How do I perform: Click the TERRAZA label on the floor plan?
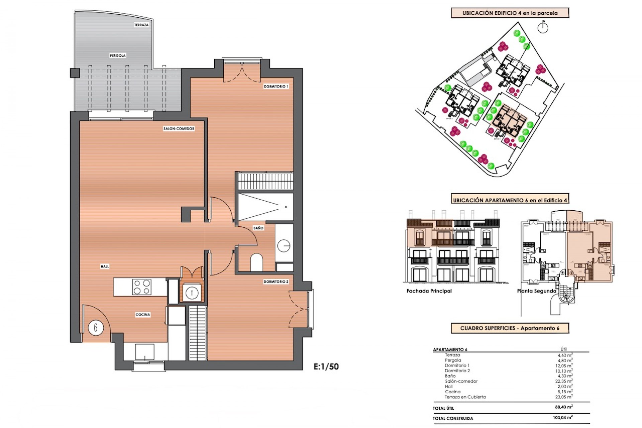click(x=141, y=25)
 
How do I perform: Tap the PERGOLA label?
click(x=118, y=56)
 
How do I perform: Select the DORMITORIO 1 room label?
click(x=276, y=86)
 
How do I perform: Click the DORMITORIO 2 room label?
click(x=276, y=282)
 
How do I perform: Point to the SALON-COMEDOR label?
click(x=179, y=128)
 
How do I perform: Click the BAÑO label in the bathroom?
click(x=258, y=228)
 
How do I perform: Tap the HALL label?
click(x=105, y=266)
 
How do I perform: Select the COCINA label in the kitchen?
click(x=143, y=314)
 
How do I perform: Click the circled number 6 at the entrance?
click(x=96, y=327)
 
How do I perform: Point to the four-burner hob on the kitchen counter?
click(x=141, y=287)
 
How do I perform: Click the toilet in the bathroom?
click(x=256, y=262)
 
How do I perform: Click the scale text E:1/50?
click(x=326, y=366)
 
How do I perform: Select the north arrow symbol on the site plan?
click(x=543, y=27)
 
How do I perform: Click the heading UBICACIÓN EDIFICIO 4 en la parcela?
click(x=510, y=13)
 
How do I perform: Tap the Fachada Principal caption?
click(x=429, y=291)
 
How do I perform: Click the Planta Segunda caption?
click(x=536, y=291)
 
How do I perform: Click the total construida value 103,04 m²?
click(x=563, y=418)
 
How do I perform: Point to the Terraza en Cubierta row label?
click(x=465, y=397)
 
